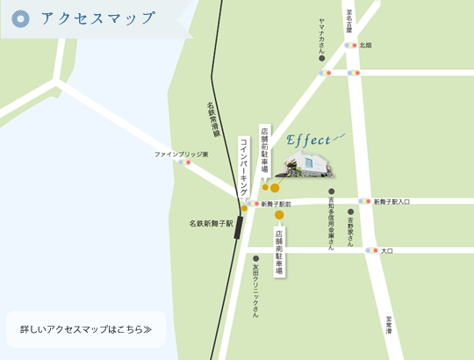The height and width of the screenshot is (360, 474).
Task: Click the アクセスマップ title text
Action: [x=98, y=18]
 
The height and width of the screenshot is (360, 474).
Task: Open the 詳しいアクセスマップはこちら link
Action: [x=86, y=331]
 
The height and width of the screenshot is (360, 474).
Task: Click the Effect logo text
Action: [x=309, y=140]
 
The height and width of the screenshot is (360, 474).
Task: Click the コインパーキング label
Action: [x=244, y=167]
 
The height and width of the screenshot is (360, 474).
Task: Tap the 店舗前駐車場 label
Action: [x=264, y=154]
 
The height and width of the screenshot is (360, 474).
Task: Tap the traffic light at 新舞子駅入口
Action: [x=364, y=201]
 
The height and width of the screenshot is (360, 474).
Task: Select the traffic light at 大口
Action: [x=372, y=250]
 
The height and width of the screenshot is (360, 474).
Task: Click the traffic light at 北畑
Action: [x=351, y=45]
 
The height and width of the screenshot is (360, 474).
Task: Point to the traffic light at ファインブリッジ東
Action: [x=184, y=162]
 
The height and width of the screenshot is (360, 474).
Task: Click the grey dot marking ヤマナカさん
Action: [x=322, y=59]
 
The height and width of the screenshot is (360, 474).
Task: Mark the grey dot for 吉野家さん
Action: [x=351, y=212]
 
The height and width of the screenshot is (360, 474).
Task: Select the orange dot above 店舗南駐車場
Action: [x=279, y=214]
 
